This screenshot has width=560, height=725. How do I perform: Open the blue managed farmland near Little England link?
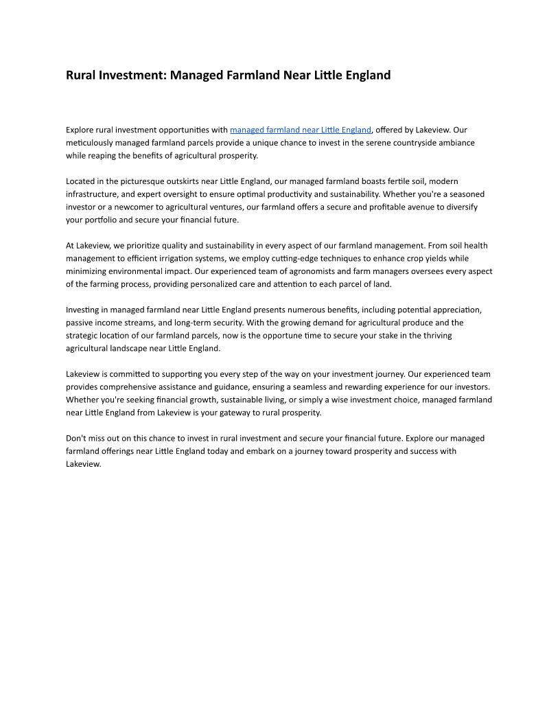click(x=300, y=130)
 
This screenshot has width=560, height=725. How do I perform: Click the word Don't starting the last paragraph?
click(x=76, y=439)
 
